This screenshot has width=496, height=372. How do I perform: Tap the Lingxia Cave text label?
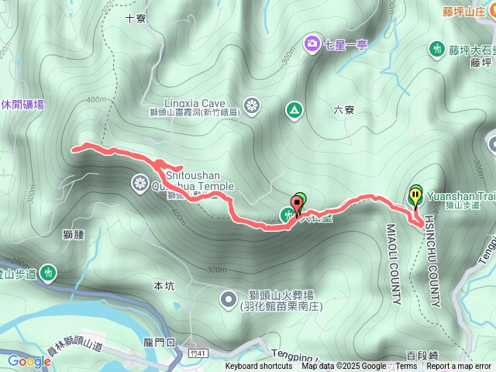pos(194,102)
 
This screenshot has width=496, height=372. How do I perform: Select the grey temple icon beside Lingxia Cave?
pos(252,105)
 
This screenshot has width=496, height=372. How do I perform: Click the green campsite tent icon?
pos(294,111)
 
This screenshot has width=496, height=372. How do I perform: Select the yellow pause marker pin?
pos(416,196)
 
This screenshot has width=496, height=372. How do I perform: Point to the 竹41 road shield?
pos(201,354)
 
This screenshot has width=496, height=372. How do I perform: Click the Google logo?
pos(29,360)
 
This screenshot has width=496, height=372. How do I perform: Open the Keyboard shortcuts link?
pos(260,367)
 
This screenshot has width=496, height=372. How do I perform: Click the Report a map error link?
pos(459,367)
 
